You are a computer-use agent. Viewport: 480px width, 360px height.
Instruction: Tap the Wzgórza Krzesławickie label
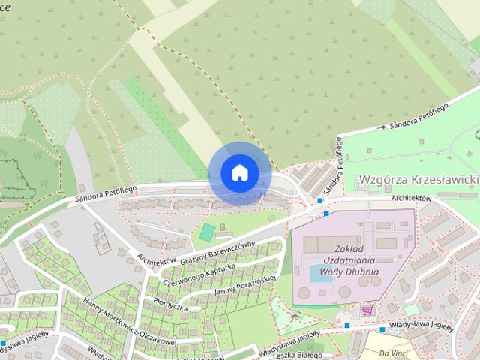coord(418,180)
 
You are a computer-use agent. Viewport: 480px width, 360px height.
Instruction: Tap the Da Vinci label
coord(394,352)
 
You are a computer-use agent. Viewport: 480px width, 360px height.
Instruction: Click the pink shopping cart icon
coord(367,309)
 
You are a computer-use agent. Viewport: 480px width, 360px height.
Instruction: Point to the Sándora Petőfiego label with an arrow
coord(417,118)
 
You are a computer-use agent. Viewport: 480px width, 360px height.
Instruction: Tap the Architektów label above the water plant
coord(411,198)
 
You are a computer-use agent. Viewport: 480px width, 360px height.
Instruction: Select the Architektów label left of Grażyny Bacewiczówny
coord(156,257)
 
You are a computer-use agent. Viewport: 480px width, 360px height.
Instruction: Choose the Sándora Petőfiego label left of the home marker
coord(105,193)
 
